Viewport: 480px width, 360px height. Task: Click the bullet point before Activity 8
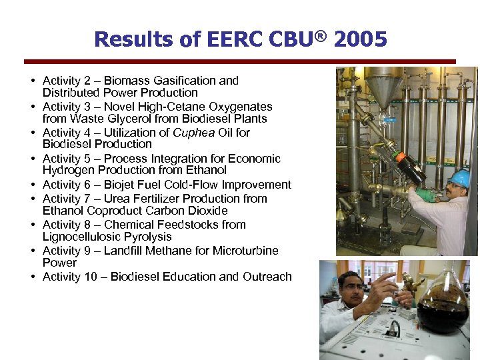[x=32, y=225]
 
